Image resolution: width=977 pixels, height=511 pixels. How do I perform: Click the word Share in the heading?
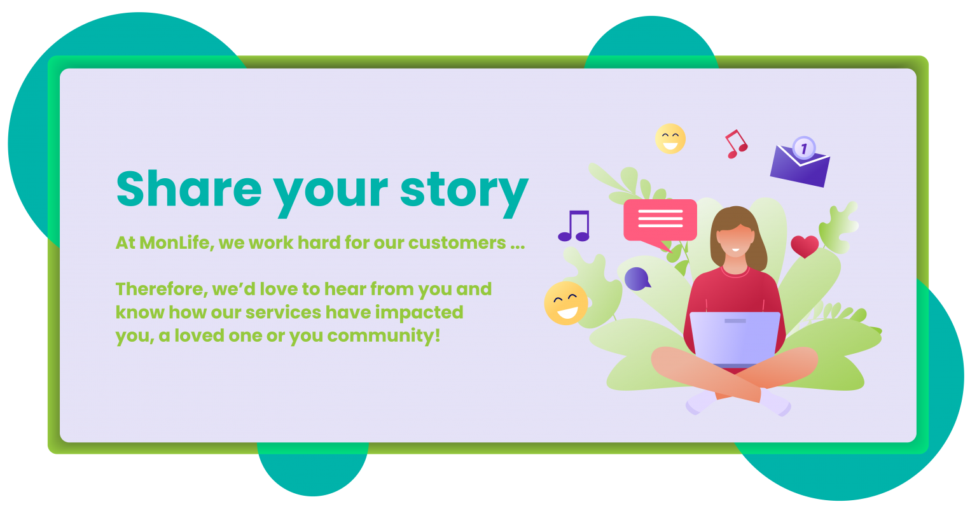(x=189, y=188)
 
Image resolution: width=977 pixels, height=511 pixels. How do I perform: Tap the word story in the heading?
(x=464, y=193)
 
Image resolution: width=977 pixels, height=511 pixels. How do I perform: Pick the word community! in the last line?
(x=384, y=336)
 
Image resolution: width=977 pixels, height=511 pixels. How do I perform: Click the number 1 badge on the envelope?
(x=804, y=148)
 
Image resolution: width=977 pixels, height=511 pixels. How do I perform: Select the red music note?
(x=736, y=144)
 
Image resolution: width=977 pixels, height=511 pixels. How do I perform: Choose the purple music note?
(x=574, y=226)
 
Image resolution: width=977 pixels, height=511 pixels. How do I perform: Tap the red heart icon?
(x=805, y=246)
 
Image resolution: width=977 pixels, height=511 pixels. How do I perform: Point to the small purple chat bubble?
(x=637, y=279)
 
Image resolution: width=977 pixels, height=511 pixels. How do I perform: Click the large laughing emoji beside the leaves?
(x=566, y=303)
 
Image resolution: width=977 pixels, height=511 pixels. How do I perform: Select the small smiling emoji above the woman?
(x=670, y=139)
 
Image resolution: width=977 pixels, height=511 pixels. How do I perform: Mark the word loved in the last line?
(x=199, y=335)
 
